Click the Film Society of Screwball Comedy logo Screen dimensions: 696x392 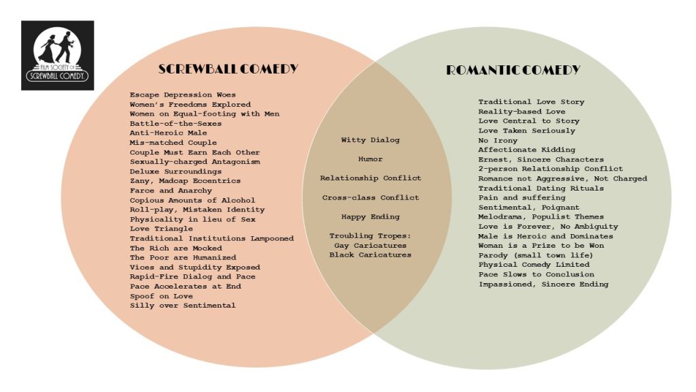[x=58, y=55]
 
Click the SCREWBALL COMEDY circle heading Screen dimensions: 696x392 [x=228, y=69]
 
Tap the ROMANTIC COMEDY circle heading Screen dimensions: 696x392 [x=513, y=70]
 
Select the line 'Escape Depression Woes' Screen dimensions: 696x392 [x=182, y=95]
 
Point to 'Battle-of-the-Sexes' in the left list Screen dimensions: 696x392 [x=175, y=124]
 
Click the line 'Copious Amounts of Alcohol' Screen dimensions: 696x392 [x=192, y=200]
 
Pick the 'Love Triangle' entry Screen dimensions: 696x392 [x=161, y=229]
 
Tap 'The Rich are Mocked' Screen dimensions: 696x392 [x=176, y=248]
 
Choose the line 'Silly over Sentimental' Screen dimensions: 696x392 [x=182, y=306]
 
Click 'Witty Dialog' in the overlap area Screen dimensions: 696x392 [x=370, y=140]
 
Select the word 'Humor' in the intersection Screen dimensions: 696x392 [x=370, y=159]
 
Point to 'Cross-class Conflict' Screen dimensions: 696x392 [x=370, y=197]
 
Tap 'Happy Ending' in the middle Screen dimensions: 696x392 [x=370, y=217]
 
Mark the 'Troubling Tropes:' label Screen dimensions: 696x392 [x=370, y=236]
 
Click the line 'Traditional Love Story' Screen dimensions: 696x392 [x=532, y=102]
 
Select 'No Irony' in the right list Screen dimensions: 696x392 [x=498, y=140]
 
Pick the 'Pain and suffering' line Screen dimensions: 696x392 [x=521, y=198]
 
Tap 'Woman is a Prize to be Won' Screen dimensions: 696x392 [x=541, y=245]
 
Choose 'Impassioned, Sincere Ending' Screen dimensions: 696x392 [x=543, y=284]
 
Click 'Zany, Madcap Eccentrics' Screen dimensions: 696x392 [x=185, y=181]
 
